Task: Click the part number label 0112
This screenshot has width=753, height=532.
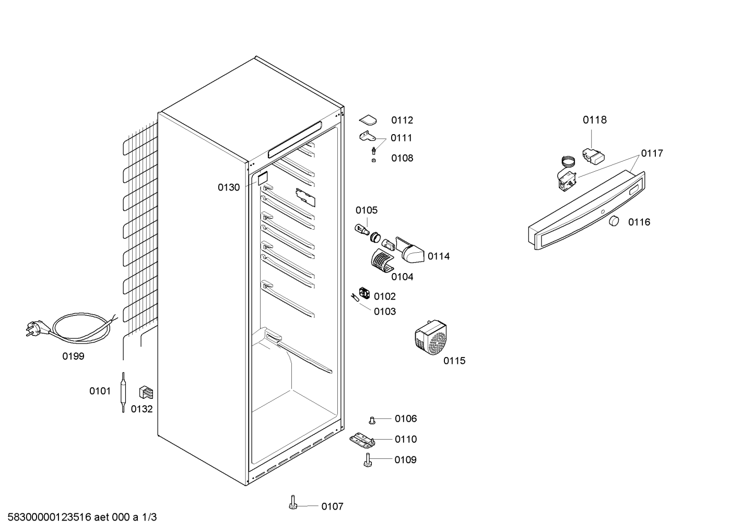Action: tap(402, 120)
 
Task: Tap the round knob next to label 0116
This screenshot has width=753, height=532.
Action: tap(614, 221)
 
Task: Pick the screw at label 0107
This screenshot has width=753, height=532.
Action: tap(293, 502)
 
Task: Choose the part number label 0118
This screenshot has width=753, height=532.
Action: tap(595, 120)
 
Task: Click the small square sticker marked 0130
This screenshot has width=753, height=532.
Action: tap(263, 178)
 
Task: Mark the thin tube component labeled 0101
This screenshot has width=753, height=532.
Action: tap(123, 392)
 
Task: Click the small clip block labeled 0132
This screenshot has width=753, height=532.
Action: tap(146, 392)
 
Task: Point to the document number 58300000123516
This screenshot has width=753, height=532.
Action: tap(50, 517)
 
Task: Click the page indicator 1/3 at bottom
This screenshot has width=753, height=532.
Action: tap(149, 517)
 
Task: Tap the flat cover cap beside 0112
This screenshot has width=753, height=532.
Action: tap(368, 120)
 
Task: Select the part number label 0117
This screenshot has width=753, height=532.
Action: tap(652, 153)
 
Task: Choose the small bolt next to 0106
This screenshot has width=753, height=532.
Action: tap(372, 420)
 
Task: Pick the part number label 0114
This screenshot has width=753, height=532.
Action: tap(438, 256)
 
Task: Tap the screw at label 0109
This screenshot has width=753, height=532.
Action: tap(368, 460)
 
